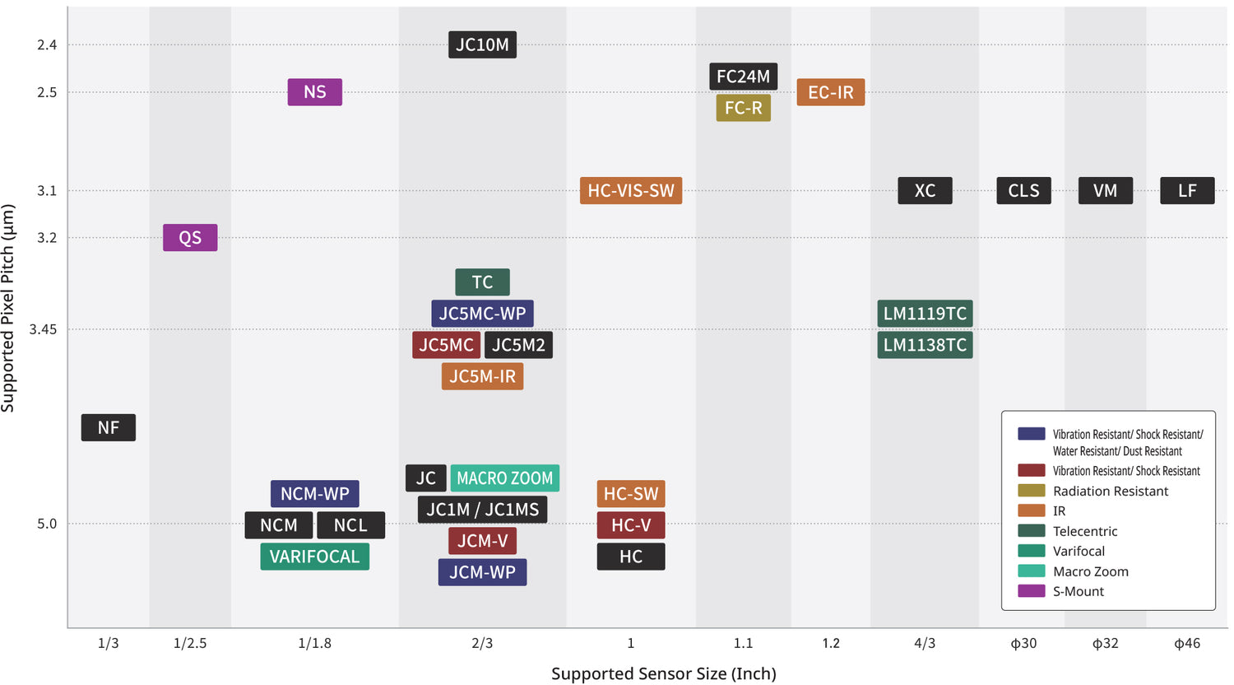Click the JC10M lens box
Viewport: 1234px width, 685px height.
click(482, 44)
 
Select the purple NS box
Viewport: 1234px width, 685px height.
click(314, 92)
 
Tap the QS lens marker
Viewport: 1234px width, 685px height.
click(190, 238)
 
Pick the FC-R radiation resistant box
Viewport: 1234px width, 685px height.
click(743, 108)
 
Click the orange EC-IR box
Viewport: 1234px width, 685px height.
click(830, 92)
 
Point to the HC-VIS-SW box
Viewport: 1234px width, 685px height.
click(630, 191)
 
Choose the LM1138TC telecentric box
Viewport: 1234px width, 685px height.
click(925, 345)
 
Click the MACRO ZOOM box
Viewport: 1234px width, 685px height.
click(504, 478)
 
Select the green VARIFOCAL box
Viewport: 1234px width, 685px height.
click(314, 557)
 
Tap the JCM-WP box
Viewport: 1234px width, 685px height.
click(482, 572)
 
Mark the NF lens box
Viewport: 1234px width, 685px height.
click(108, 427)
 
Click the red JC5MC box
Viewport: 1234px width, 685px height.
click(446, 345)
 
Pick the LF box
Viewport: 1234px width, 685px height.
click(1186, 191)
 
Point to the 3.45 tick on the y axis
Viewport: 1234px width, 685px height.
click(43, 329)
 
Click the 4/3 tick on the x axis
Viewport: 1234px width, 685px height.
click(925, 643)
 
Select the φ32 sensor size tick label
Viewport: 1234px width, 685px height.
click(1105, 643)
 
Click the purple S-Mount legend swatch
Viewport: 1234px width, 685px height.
click(1031, 591)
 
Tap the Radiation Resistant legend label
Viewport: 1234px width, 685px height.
click(1110, 491)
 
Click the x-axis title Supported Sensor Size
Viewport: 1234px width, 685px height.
click(663, 673)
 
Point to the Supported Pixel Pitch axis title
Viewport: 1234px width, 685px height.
click(8, 308)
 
